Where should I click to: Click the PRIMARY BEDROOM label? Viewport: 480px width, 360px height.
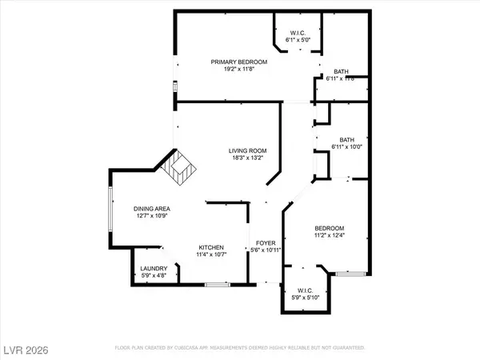point(238,62)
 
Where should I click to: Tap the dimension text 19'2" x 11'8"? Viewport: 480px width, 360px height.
point(238,70)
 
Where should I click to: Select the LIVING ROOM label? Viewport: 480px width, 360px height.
point(247,150)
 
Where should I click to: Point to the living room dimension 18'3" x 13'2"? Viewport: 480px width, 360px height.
point(247,158)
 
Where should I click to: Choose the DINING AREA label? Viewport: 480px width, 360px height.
point(151,209)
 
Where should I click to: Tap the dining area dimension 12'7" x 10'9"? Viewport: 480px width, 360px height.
point(151,217)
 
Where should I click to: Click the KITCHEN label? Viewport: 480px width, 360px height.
point(211,247)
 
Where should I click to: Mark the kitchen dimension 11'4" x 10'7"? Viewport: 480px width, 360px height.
point(211,255)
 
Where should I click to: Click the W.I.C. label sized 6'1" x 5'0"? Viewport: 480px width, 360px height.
point(297,32)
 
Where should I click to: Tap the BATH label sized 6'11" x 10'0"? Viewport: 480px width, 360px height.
point(346,138)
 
